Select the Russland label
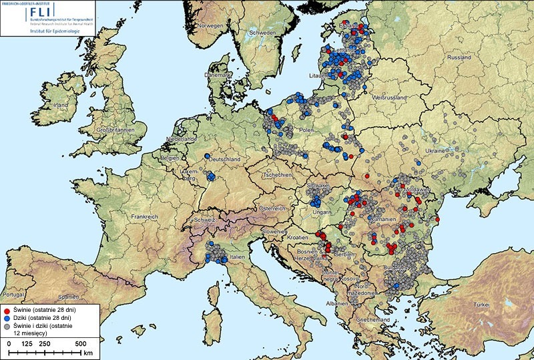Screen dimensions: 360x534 (459, 57)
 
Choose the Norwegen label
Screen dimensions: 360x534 (209, 26)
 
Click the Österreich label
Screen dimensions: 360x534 (272, 208)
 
